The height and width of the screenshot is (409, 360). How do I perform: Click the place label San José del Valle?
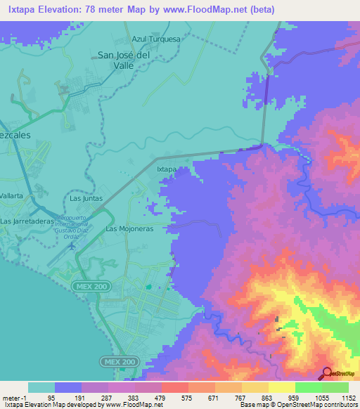[124, 60]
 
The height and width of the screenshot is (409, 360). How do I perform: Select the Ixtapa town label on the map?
[166, 169]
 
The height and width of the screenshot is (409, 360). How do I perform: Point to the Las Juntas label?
[86, 199]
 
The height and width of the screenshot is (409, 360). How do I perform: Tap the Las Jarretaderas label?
[28, 221]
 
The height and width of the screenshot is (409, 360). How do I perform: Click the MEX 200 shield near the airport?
[89, 287]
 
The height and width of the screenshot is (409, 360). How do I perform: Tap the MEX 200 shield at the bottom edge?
[111, 361]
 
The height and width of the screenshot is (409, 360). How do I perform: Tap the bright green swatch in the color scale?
[308, 387]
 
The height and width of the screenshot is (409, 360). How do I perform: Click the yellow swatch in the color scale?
[281, 387]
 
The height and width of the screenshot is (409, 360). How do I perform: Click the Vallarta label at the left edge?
[13, 195]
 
